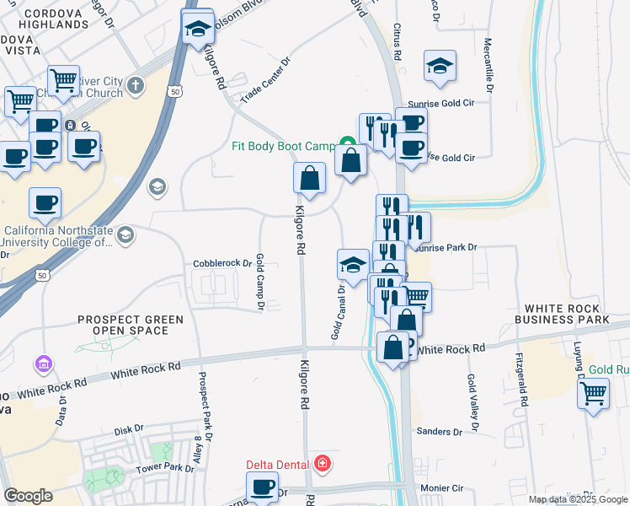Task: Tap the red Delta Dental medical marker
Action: pos(321,464)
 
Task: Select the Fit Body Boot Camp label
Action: pos(285,146)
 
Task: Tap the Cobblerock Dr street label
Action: pos(223,263)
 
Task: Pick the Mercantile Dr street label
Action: pos(489,64)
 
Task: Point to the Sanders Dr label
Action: pos(440,432)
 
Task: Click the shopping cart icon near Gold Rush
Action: pos(593,392)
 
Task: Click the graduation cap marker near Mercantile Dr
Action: pos(440,67)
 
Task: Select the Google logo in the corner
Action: pos(28,496)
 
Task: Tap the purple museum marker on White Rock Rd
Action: pos(43,364)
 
